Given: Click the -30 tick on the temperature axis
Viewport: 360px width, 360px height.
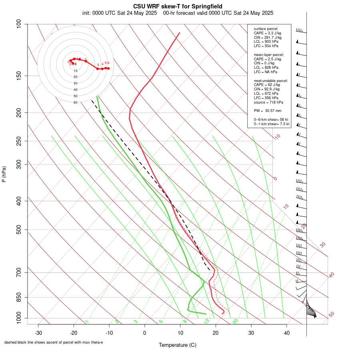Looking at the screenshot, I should pos(38,333).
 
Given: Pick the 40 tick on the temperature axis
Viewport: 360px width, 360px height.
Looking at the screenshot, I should pos(287,333).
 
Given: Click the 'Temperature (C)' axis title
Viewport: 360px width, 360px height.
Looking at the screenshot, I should pos(177,345).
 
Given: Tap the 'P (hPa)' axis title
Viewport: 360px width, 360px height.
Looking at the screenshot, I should pos(4,174).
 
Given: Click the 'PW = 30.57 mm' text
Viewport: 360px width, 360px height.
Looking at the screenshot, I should pos(268,110).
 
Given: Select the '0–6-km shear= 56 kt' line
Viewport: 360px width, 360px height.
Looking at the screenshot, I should pos(271,120).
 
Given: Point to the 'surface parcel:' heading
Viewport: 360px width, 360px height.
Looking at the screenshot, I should pos(266,29).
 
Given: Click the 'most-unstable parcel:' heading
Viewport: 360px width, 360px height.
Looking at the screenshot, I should pos(271,81).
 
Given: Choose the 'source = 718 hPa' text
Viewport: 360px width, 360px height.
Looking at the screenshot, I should pos(268,102).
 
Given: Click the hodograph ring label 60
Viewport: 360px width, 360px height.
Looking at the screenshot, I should pos(75,102).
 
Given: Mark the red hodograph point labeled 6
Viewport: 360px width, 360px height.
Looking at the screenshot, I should pos(108,68).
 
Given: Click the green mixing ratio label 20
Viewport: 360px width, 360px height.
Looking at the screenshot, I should pos(235,321).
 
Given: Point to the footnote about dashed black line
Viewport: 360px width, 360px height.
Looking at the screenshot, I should pos(54,342).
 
